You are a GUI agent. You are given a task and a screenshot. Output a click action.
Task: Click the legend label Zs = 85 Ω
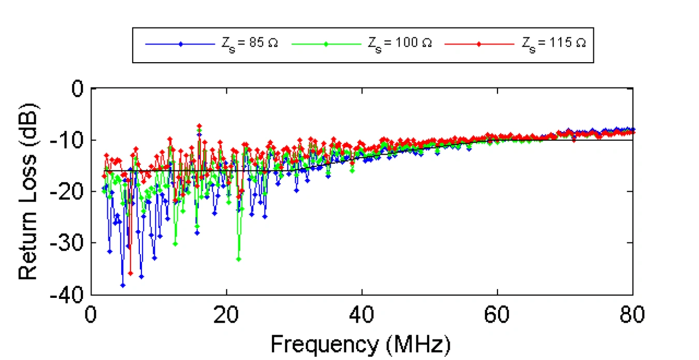[x=246, y=44]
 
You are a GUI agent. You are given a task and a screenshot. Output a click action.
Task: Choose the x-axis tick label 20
[x=226, y=314]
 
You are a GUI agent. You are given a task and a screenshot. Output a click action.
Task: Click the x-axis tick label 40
[x=362, y=314]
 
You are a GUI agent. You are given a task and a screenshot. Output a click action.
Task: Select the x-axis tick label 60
[x=497, y=314]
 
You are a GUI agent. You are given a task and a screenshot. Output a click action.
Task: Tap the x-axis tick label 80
[x=632, y=314]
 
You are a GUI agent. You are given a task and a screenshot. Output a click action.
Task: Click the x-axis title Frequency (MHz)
[x=361, y=344]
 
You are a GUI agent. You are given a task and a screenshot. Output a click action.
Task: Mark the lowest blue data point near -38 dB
[x=123, y=285]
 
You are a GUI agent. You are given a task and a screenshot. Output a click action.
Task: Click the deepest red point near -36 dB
[x=130, y=273]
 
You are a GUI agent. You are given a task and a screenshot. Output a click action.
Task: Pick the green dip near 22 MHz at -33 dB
[x=239, y=259]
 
